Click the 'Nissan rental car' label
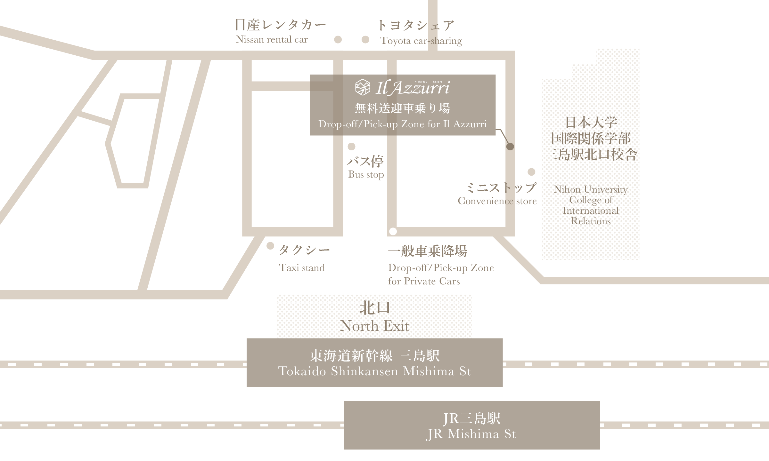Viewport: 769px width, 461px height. tap(272, 39)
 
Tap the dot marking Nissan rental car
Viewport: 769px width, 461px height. tap(338, 39)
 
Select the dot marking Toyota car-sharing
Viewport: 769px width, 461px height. tap(365, 39)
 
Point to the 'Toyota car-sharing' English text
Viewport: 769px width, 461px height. tap(421, 41)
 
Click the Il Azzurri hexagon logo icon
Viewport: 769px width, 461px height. tap(363, 87)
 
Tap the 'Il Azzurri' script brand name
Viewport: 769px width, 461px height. tap(413, 88)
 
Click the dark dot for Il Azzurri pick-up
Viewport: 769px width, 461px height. tap(510, 147)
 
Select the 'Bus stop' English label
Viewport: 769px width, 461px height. tap(366, 175)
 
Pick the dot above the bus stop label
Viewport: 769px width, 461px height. tap(352, 147)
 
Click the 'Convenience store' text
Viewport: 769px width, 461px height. tap(497, 201)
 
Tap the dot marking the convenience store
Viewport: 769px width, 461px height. tap(532, 172)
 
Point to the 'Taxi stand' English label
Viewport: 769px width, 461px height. tap(302, 267)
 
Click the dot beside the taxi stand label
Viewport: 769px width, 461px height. tap(270, 246)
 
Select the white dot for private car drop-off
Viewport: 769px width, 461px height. tap(393, 231)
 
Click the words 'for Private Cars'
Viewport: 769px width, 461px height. tap(424, 281)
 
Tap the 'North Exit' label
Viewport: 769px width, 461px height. tap(374, 326)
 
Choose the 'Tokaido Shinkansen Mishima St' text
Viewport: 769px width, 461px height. tap(374, 371)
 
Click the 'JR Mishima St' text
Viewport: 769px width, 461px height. tap(471, 434)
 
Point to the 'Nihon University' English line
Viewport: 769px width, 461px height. tap(591, 189)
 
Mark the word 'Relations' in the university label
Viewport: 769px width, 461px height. tap(591, 221)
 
